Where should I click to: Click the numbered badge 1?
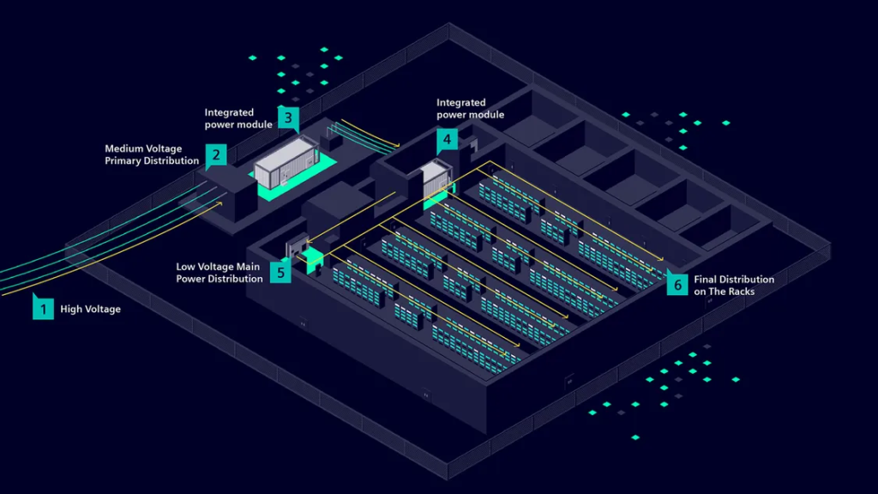43,307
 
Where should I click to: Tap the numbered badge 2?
215,155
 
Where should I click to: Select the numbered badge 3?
288,117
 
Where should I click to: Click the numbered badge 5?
280,273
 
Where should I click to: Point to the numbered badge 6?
677,284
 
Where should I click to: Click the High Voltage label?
90,309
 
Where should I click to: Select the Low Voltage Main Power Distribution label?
219,273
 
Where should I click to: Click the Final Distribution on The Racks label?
734,285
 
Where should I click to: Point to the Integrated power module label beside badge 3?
238,118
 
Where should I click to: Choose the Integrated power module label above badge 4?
470,109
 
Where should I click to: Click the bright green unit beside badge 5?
313,258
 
